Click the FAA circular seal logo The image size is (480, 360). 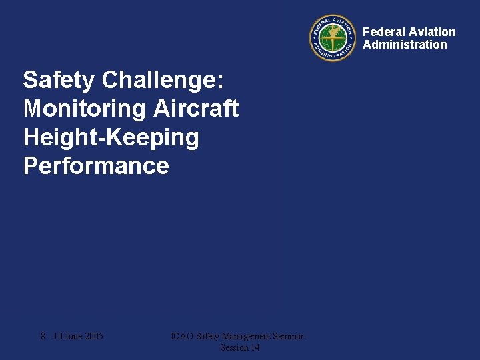point(333,38)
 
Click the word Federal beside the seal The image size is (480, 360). point(384,32)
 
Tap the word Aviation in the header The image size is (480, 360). point(432,32)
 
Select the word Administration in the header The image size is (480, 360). point(405,45)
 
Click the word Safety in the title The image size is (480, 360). point(59,80)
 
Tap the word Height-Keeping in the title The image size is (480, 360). point(111,137)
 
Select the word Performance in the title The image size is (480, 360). point(96,165)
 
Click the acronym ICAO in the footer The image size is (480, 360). point(182,336)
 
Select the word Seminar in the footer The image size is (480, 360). point(289,336)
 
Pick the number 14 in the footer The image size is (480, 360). point(254,347)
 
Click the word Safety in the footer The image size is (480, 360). point(208,336)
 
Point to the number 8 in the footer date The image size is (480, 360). point(43,336)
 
